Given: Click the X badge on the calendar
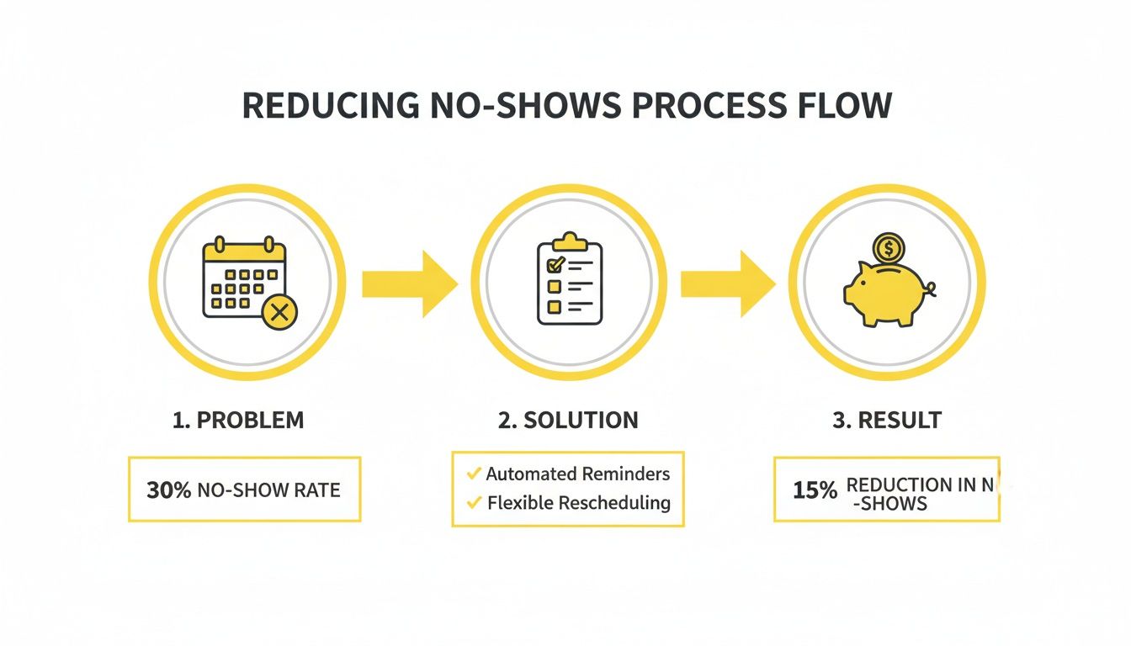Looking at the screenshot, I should [x=280, y=314].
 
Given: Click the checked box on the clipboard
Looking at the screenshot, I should [x=555, y=265].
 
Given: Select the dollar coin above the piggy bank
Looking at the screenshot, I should [x=887, y=248].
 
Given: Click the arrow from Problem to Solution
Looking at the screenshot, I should [x=409, y=284].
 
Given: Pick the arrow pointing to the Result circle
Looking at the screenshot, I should [x=727, y=284].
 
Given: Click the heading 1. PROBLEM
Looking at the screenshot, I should [x=238, y=421].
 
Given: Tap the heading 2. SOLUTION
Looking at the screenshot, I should [x=568, y=421].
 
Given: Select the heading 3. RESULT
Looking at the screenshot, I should [x=887, y=421].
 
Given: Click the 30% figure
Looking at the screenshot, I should [x=168, y=490].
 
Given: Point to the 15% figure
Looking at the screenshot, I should [x=815, y=491].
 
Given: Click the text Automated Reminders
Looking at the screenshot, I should [x=578, y=474].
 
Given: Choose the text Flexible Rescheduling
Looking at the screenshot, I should [x=579, y=503].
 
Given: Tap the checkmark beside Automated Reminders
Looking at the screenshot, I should [x=474, y=474].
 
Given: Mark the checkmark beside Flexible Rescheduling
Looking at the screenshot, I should [x=474, y=503].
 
